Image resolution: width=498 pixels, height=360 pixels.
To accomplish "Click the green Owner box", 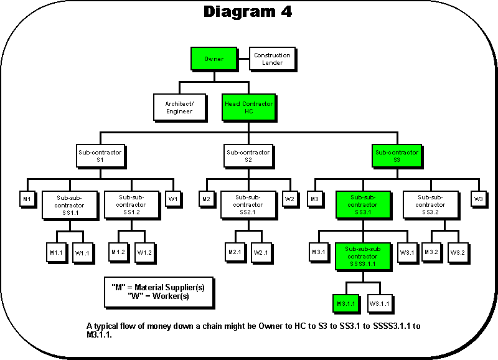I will (x=214, y=59).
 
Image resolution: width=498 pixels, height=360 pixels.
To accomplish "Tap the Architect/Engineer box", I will (x=179, y=108).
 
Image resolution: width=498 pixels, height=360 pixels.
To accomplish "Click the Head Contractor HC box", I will (x=248, y=108).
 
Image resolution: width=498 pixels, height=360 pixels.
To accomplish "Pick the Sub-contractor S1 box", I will (x=100, y=156).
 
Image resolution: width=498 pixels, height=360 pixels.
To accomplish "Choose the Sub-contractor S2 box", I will (x=248, y=156).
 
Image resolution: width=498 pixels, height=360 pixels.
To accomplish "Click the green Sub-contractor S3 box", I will (x=397, y=156).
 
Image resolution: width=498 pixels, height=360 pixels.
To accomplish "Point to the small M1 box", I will (x=27, y=199).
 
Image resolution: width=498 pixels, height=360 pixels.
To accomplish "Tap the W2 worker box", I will (x=289, y=199).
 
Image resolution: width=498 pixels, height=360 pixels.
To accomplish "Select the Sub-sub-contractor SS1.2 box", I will (x=131, y=204).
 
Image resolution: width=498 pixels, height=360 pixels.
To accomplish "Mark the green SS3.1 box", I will (x=362, y=204).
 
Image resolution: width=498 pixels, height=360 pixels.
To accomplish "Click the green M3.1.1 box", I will (x=345, y=303).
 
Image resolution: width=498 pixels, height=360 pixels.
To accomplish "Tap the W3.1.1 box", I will (x=380, y=303).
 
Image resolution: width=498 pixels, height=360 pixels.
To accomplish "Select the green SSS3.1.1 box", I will (x=362, y=257).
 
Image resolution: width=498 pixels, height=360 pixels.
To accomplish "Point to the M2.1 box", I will (x=235, y=252).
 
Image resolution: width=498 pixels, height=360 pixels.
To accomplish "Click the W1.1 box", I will (x=82, y=252).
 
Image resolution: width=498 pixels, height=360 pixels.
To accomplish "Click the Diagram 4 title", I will (x=248, y=12).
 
